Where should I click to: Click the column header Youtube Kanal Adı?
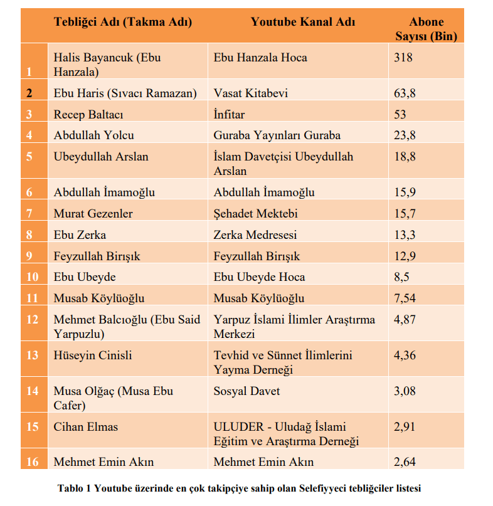[x=303, y=22]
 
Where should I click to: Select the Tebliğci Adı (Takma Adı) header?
[x=123, y=22]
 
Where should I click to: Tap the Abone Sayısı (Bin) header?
[x=426, y=29]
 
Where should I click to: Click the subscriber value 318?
[x=403, y=58]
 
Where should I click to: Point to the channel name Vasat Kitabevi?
[x=251, y=93]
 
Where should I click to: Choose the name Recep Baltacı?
[x=88, y=115]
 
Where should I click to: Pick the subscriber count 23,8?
[x=405, y=135]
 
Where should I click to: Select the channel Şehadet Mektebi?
[x=255, y=214]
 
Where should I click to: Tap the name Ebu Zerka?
[x=80, y=235]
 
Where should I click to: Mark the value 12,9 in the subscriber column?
[x=405, y=256]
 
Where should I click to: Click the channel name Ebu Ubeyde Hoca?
[x=259, y=277]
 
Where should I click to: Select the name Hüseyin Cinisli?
[x=93, y=356]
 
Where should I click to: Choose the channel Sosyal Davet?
[x=246, y=391]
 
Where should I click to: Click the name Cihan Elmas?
[x=86, y=427]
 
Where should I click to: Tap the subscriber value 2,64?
[x=405, y=463]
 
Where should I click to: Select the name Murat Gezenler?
[x=93, y=214]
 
